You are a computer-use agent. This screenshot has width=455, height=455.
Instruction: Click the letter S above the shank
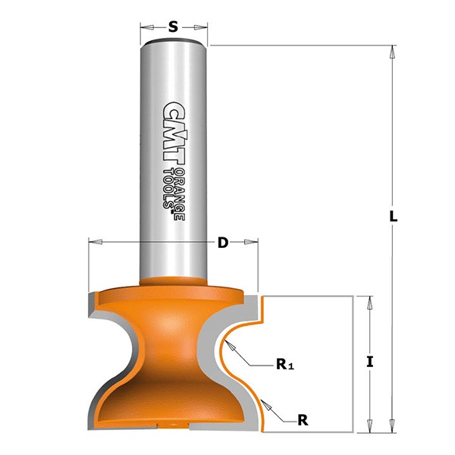coord(173,27)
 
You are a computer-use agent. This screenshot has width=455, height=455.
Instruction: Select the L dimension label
coord(393,216)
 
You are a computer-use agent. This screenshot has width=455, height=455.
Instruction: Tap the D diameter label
coord(222,243)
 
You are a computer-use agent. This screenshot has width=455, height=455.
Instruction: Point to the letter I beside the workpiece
coord(369,362)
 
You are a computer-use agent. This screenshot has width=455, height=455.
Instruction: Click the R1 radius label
coord(284,366)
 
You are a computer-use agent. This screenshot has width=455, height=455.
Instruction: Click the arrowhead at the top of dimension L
coord(392,52)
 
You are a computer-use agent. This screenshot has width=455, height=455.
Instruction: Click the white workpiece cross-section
coord(311,356)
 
